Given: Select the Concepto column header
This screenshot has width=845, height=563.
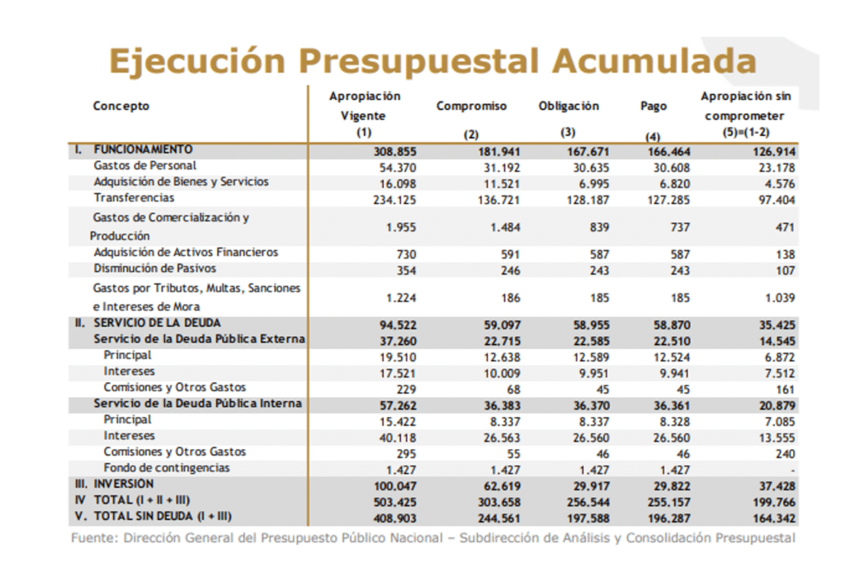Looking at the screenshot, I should click(121, 106).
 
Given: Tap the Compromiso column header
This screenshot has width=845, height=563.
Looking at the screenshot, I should click(471, 106).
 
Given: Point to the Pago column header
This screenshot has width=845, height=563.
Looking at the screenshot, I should click(654, 106).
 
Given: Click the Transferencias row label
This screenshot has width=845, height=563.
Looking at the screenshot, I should click(134, 198).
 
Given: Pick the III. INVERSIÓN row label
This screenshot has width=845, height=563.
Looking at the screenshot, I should click(116, 484).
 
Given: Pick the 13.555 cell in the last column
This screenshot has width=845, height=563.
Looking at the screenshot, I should click(776, 437).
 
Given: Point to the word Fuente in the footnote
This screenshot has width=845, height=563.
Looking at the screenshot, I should click(92, 538).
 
